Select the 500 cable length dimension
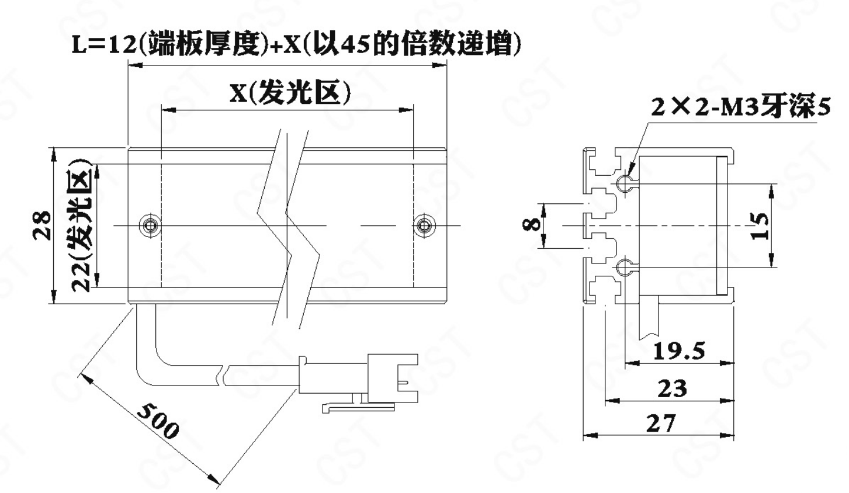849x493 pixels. (x=158, y=421)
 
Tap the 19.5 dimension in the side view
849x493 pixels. (x=679, y=351)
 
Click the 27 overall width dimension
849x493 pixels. (x=661, y=423)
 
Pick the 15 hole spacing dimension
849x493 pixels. (x=760, y=226)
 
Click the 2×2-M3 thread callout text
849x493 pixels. (x=740, y=107)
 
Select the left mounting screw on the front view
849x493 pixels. (x=151, y=225)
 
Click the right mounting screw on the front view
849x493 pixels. (x=424, y=225)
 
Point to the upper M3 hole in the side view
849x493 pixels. (x=623, y=184)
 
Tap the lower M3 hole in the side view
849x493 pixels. (x=623, y=268)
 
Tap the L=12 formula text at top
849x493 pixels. (x=296, y=44)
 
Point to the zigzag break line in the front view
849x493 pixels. (x=289, y=229)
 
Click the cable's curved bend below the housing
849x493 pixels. (x=151, y=364)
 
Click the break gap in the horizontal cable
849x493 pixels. (x=224, y=376)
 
